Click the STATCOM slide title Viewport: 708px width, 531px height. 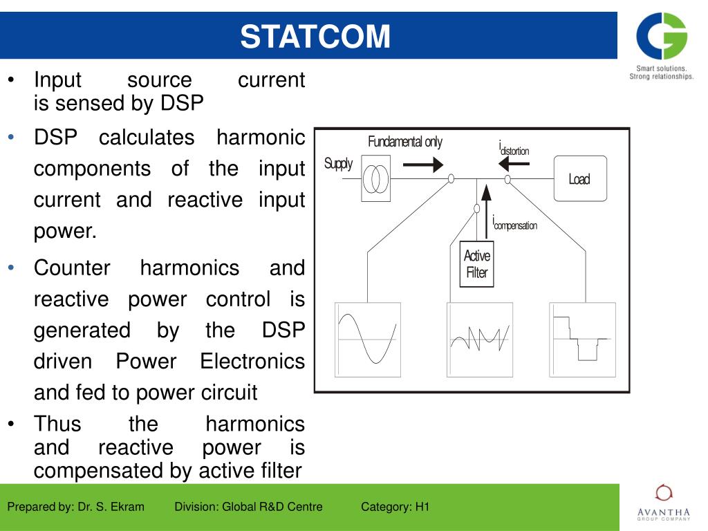point(315,36)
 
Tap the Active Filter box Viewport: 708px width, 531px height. point(476,264)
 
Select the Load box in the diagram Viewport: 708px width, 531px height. point(579,179)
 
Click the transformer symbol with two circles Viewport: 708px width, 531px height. point(375,178)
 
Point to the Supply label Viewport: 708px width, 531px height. point(338,164)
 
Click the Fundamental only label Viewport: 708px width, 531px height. point(404,142)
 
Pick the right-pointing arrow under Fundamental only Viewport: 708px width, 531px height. point(422,165)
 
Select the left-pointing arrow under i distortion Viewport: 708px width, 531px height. point(514,164)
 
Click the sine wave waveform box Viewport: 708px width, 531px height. point(367,339)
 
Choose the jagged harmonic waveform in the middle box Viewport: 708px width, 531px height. point(479,338)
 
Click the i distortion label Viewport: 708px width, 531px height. point(514,149)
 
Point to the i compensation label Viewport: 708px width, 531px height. point(514,224)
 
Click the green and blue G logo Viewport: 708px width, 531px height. point(662,36)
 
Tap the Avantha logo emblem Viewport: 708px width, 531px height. point(663,492)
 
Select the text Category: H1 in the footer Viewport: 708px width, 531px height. point(395,507)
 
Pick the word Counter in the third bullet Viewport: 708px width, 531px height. point(72,268)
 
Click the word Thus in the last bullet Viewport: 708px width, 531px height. point(57,424)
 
